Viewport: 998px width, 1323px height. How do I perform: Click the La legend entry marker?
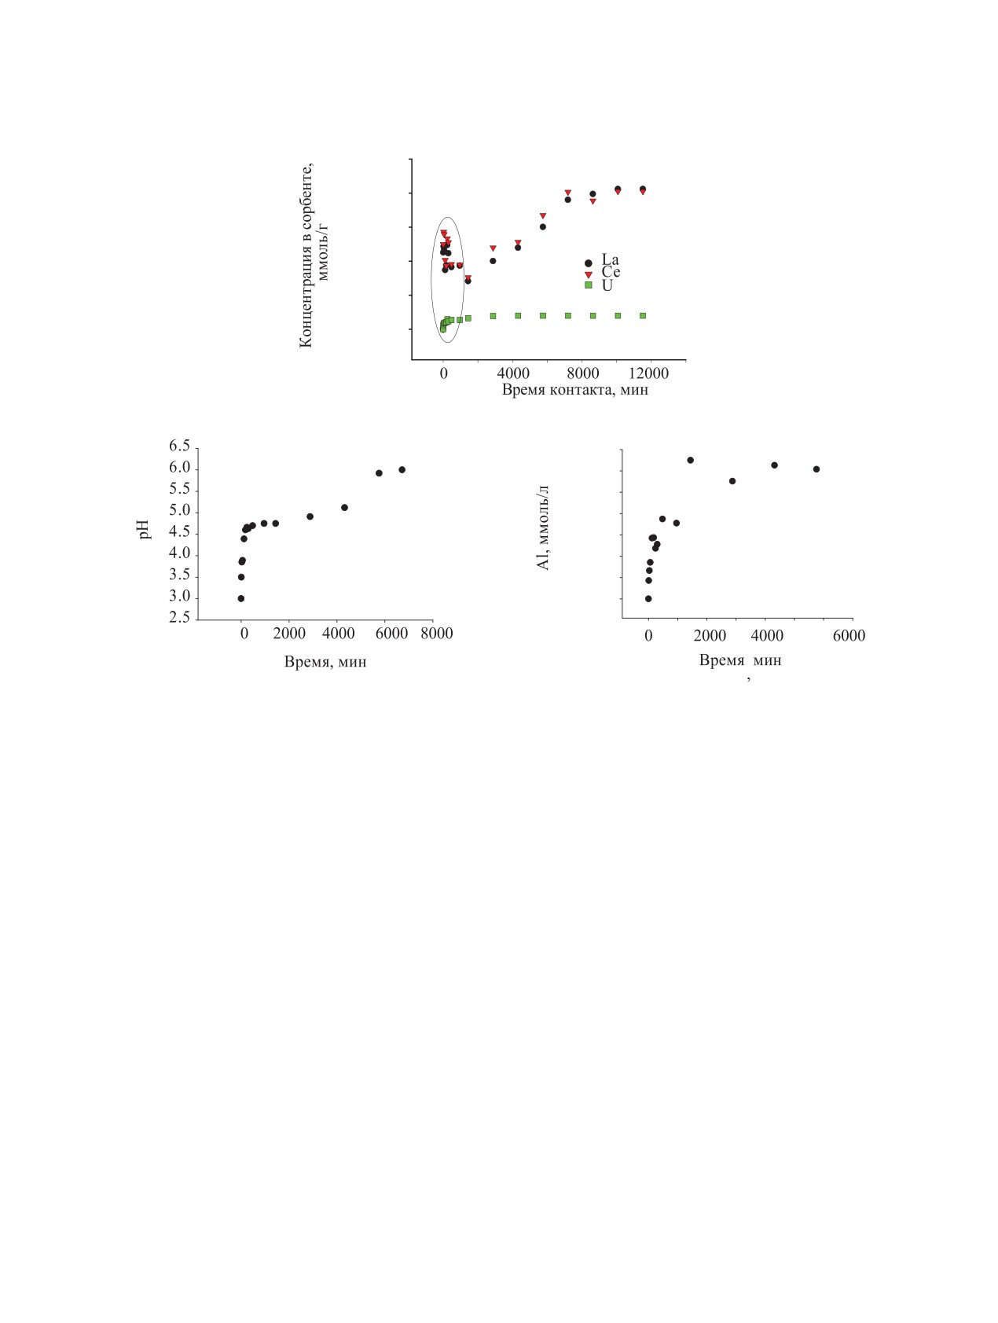point(588,263)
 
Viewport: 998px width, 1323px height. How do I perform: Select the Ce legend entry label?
point(611,272)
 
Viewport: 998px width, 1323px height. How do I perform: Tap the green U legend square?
point(588,285)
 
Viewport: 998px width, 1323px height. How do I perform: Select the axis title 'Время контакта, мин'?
point(575,390)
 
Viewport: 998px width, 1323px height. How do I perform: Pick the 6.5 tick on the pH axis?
point(179,447)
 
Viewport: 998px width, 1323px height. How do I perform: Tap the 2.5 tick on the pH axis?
point(179,618)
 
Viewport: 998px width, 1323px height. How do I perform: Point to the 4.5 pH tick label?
point(179,532)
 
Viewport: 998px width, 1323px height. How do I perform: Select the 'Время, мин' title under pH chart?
point(325,662)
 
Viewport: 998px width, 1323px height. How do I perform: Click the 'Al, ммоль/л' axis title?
point(543,527)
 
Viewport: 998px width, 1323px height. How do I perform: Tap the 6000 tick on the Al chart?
point(849,636)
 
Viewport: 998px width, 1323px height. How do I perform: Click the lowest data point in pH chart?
point(241,598)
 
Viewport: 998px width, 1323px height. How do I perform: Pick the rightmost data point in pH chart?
point(402,469)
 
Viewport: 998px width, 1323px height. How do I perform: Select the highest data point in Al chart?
point(690,460)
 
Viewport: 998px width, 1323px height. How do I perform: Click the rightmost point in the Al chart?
point(816,469)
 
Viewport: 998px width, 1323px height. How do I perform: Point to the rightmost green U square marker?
point(643,315)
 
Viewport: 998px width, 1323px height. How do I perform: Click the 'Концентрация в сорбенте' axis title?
point(306,255)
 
